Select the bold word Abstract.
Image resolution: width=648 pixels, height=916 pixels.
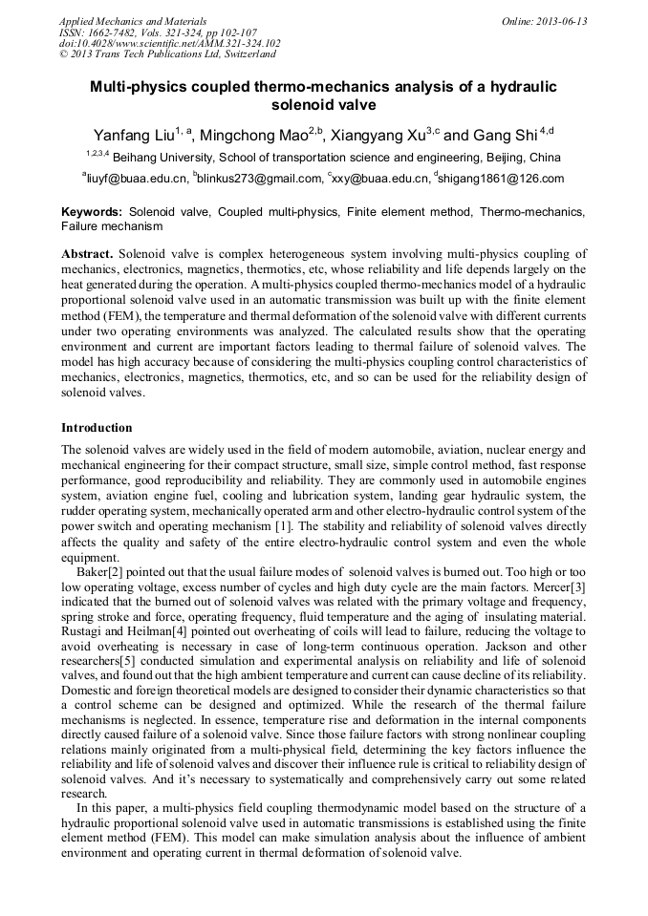[87, 255]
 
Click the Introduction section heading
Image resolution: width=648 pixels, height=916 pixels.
[97, 427]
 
